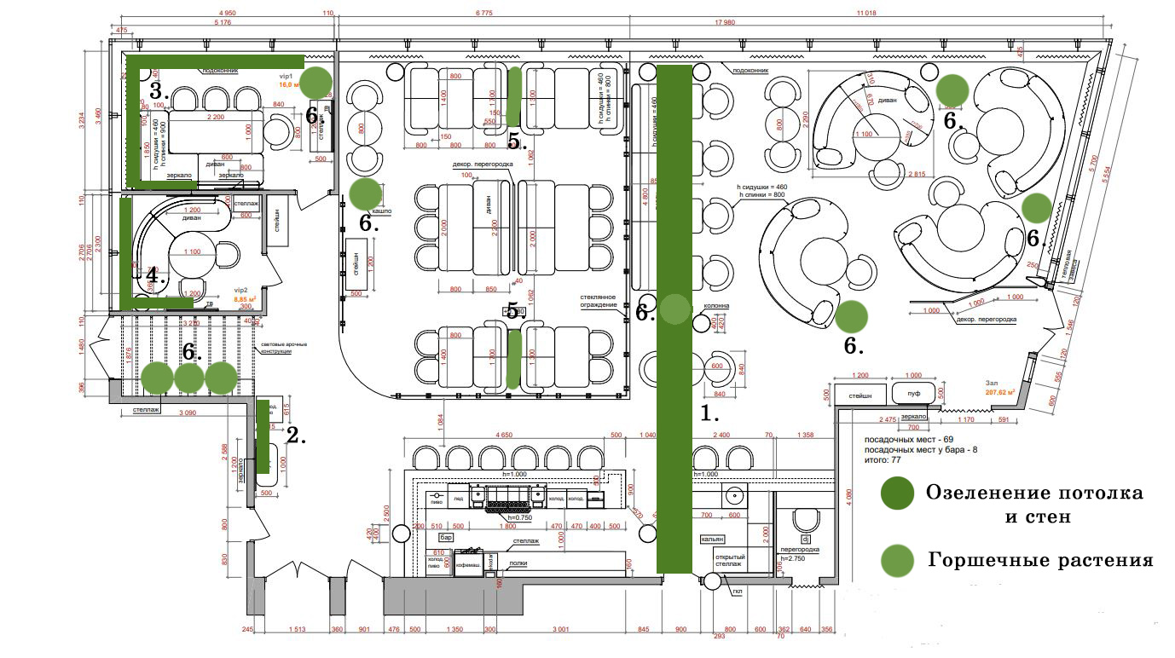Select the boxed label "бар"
coord(445,538)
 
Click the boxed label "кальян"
coord(713,539)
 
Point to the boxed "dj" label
coord(805,539)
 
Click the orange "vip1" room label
coord(286,76)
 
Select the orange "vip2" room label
coord(240,290)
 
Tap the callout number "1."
coord(709,414)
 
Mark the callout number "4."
coord(154,275)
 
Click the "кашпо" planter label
coord(380,211)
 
